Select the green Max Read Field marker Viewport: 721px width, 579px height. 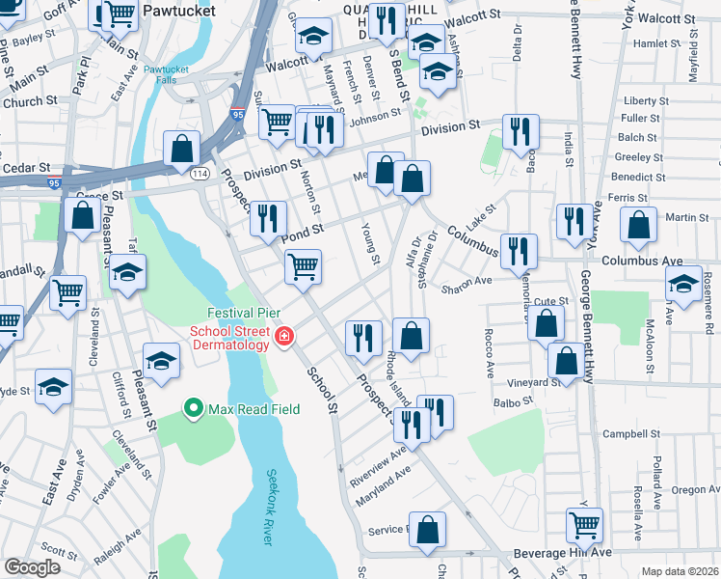(193, 409)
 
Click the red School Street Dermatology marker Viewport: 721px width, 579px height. (283, 336)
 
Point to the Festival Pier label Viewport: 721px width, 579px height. (243, 314)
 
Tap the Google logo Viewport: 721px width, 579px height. (33, 567)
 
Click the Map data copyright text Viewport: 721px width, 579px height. (681, 571)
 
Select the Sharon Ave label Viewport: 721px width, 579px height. (466, 281)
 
